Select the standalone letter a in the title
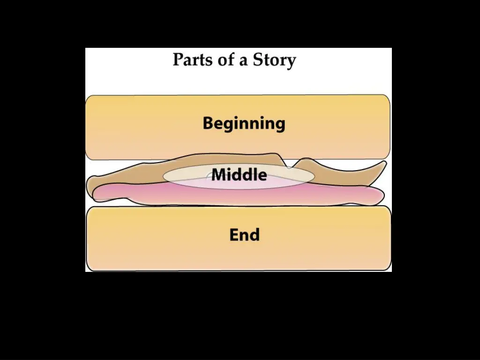243,61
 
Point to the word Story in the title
275,60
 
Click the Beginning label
244,123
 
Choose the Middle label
239,175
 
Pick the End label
244,234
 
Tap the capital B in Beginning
208,123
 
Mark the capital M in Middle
218,175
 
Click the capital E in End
234,234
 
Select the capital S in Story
258,60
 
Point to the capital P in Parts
178,60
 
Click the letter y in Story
291,62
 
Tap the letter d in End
255,234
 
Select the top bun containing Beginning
141,127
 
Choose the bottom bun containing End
141,239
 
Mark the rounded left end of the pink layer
96,194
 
